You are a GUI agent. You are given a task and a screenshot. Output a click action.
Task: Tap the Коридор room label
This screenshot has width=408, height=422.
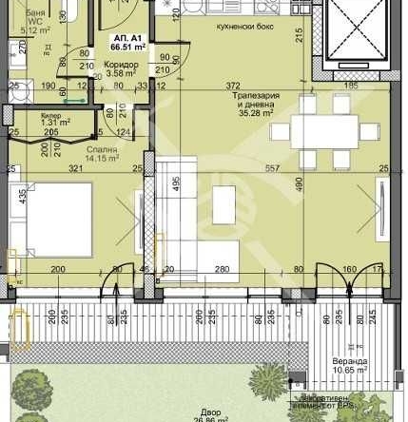(122, 65)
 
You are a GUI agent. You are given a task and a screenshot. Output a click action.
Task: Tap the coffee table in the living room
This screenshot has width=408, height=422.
(226, 202)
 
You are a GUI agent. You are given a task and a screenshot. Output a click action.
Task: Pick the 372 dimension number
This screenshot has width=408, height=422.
(234, 86)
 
